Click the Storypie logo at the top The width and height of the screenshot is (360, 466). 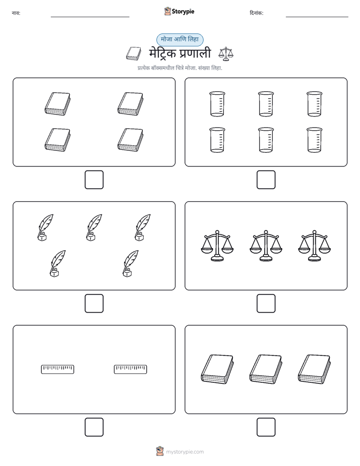[179, 11]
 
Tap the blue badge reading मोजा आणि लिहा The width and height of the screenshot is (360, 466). [179, 39]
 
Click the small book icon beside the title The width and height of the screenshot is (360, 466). [134, 53]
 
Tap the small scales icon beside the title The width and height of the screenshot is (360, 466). [226, 54]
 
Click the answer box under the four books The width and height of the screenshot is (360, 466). [94, 180]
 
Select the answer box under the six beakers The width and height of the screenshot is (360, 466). [266, 180]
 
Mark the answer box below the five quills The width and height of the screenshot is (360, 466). [94, 304]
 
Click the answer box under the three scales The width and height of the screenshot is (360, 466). [266, 304]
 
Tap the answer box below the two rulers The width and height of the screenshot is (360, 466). [94, 427]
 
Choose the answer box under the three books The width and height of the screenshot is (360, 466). [266, 427]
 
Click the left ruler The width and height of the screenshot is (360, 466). [57, 369]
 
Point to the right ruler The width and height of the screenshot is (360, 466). [131, 369]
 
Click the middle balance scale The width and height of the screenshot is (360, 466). [266, 246]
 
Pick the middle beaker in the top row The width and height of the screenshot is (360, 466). [266, 104]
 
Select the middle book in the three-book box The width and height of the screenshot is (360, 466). [266, 369]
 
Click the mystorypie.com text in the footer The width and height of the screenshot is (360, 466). [185, 452]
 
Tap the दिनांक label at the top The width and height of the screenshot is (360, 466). [256, 13]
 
